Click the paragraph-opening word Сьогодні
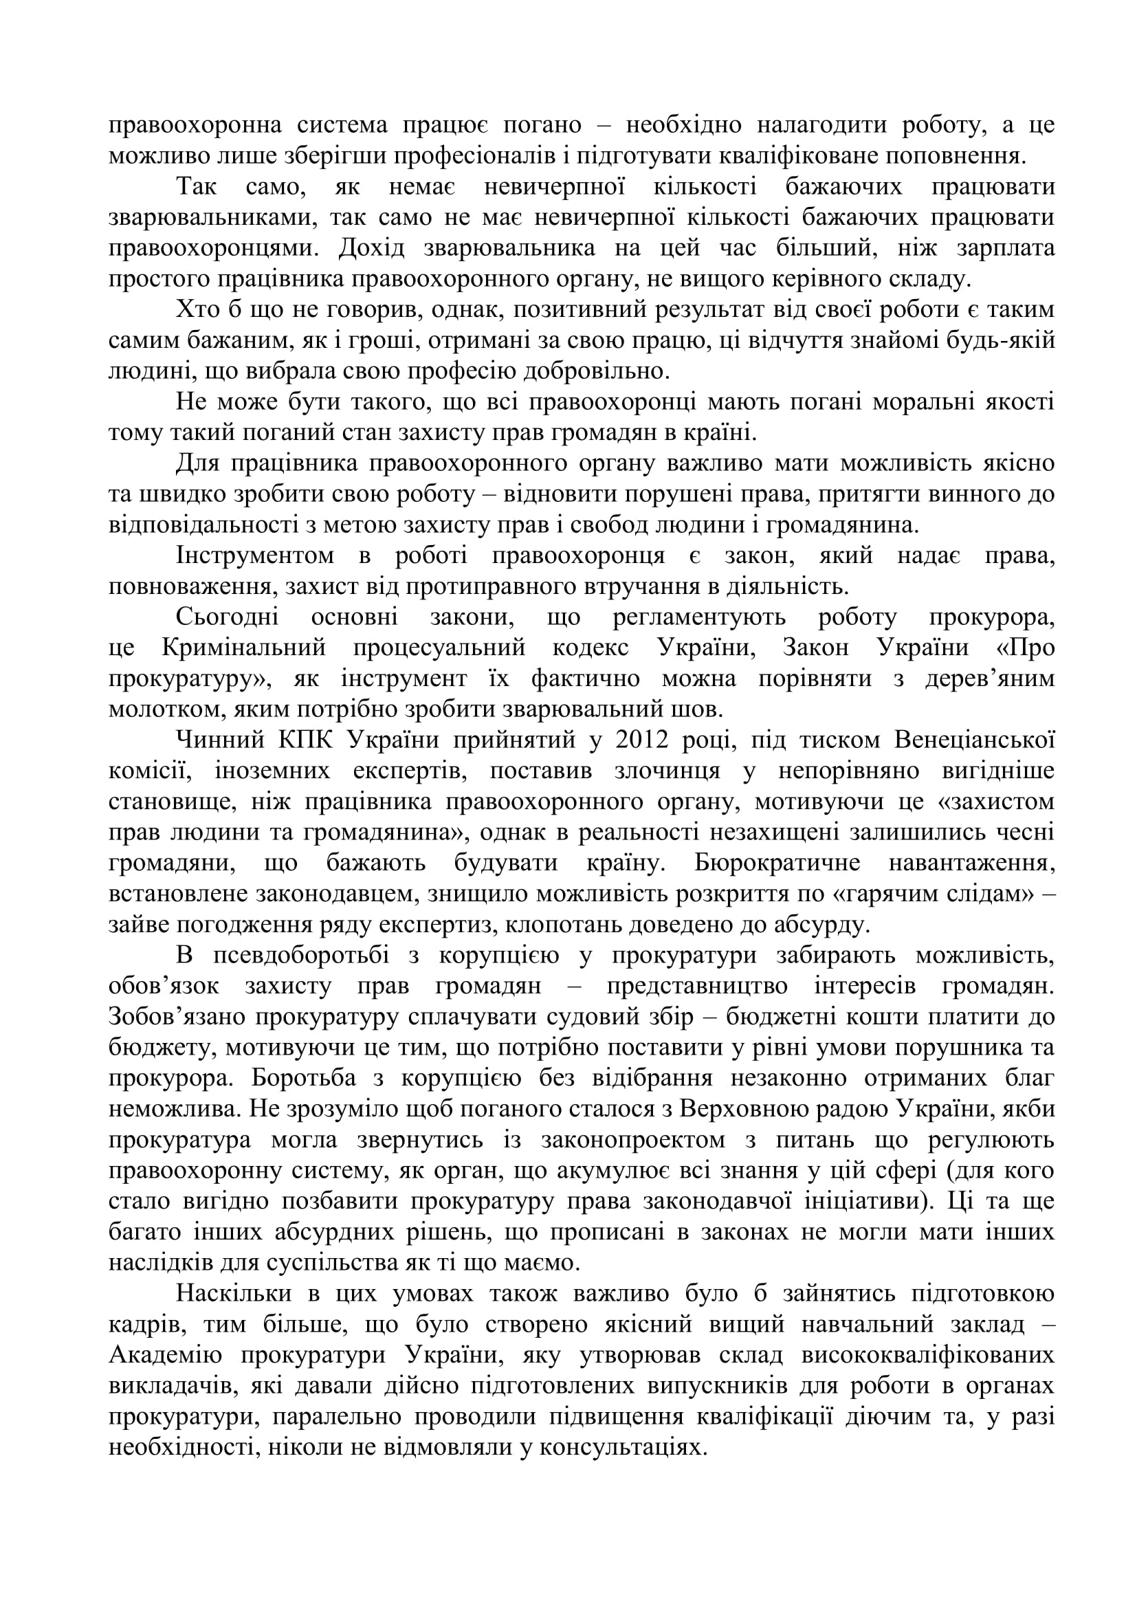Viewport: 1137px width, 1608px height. (227, 617)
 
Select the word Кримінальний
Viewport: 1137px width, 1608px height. (243, 648)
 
